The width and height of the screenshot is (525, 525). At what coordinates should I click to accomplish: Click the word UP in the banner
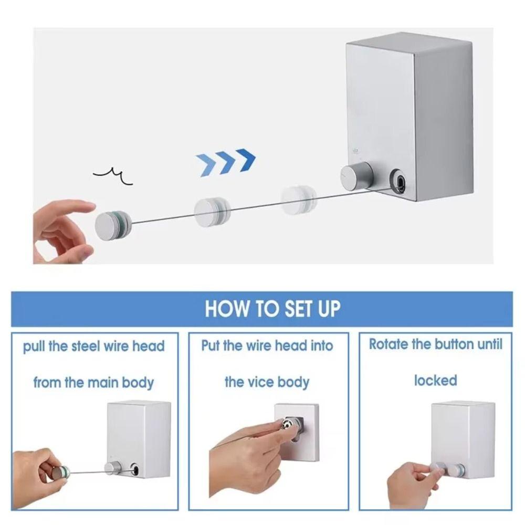327,308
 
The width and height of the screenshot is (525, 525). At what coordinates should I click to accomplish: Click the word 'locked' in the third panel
435,380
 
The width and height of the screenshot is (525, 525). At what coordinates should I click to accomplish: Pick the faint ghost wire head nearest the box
298,200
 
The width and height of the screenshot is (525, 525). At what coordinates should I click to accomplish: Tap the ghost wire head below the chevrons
213,212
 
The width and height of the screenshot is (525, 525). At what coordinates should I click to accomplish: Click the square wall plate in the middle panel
297,430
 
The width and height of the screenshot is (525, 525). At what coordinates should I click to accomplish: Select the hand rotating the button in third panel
412,483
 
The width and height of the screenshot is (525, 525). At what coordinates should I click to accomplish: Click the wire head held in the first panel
61,471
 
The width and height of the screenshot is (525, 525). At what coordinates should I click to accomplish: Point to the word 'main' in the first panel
102,382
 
